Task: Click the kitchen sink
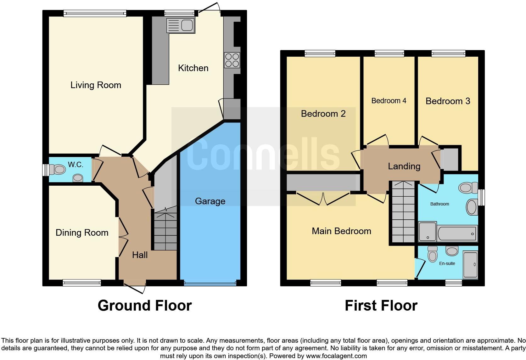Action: point(181,25)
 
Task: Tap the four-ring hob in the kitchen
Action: point(232,60)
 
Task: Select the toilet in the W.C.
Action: point(57,169)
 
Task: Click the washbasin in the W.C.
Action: point(78,178)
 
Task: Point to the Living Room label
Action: point(96,85)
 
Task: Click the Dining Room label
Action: point(82,233)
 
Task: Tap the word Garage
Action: point(210,201)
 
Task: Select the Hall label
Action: point(140,255)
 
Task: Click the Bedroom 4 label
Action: point(389,101)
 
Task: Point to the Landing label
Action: point(404,166)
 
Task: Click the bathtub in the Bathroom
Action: point(457,233)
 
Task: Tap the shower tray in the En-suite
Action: point(470,265)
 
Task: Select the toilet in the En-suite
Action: point(433,254)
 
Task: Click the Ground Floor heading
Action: point(145,306)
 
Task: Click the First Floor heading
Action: point(381,306)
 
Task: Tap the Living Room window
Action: point(95,13)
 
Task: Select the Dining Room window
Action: point(82,283)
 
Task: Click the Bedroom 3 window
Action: point(449,53)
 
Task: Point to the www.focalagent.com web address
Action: point(337,356)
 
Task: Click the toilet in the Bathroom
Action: point(468,188)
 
